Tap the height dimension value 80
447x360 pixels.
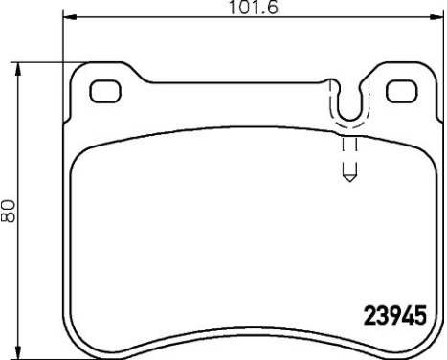10,209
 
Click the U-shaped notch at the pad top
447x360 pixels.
349,101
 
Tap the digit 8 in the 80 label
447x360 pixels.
10,216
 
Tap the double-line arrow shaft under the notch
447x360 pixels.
349,153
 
